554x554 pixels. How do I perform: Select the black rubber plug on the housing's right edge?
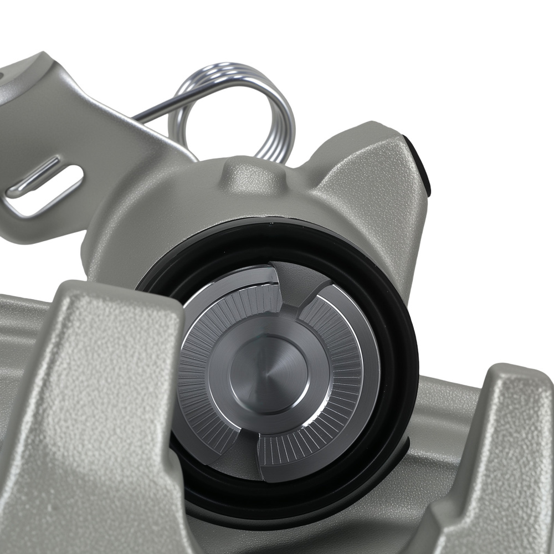(x=422, y=166)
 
